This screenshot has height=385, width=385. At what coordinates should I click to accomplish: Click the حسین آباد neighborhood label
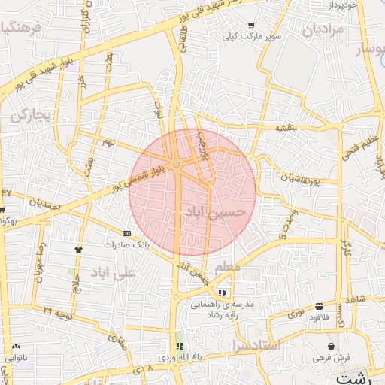pyautogui.click(x=214, y=213)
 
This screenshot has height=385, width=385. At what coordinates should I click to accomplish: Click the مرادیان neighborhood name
pyautogui.click(x=324, y=31)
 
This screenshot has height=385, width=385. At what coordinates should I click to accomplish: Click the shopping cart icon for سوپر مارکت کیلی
pyautogui.click(x=251, y=26)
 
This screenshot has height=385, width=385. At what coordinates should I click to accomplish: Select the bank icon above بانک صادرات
pyautogui.click(x=126, y=234)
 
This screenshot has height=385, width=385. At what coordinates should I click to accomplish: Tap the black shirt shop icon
pyautogui.click(x=79, y=247)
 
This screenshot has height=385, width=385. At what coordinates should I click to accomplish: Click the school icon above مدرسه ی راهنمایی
pyautogui.click(x=222, y=293)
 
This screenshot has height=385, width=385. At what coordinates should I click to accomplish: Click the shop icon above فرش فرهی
pyautogui.click(x=332, y=346)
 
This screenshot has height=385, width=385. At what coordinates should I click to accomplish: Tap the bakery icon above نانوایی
pyautogui.click(x=16, y=347)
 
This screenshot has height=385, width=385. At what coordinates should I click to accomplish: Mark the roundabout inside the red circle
pyautogui.click(x=176, y=164)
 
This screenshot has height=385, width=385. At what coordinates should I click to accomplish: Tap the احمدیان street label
pyautogui.click(x=44, y=202)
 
